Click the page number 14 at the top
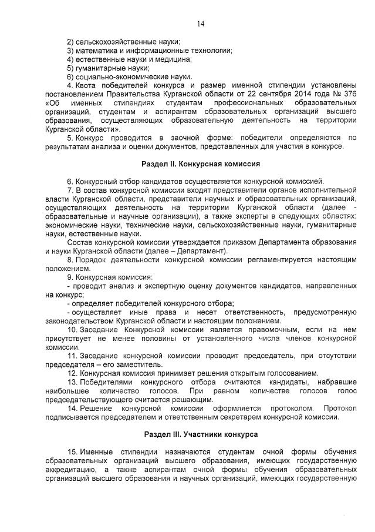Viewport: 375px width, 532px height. (200, 24)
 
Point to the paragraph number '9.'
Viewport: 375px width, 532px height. (70, 277)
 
